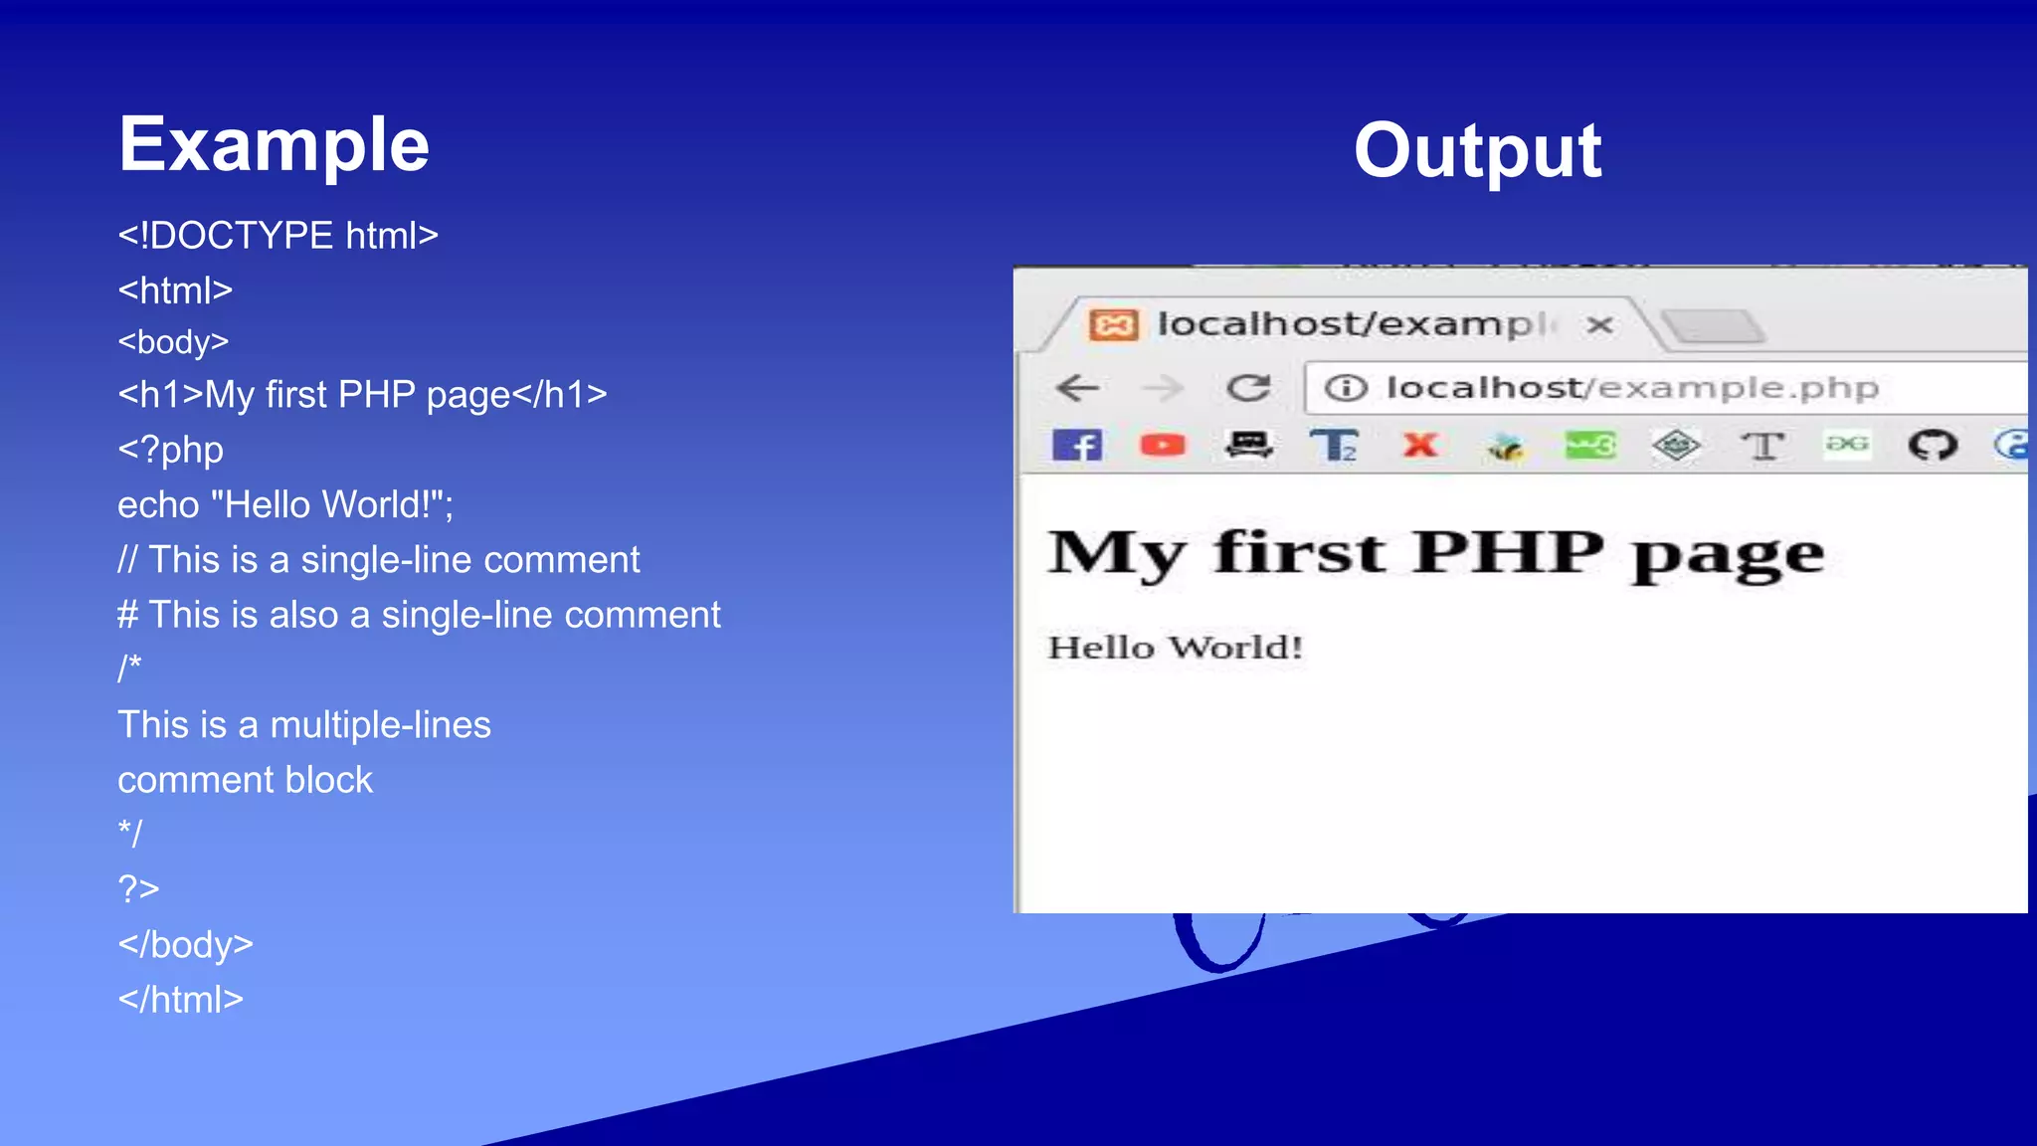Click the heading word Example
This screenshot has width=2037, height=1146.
tap(274, 145)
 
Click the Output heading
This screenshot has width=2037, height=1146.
tap(1477, 151)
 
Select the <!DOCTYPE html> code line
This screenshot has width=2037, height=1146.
tap(278, 236)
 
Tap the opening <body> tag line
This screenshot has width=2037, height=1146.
tap(173, 342)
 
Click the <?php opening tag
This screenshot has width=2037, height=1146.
tap(170, 450)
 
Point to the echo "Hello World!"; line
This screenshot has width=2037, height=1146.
tap(285, 504)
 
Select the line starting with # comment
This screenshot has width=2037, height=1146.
tap(419, 615)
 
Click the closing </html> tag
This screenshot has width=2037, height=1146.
tap(180, 999)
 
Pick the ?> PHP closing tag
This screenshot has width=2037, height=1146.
tap(138, 887)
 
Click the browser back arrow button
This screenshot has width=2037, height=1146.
tap(1077, 387)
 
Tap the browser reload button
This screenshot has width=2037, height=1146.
tap(1248, 387)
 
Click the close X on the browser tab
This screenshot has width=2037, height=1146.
tap(1599, 324)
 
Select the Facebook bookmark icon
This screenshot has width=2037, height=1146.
tap(1077, 445)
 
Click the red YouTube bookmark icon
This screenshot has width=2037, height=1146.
tap(1162, 445)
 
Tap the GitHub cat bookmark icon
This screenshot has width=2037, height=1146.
tap(1932, 445)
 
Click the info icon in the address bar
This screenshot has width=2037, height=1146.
tap(1346, 387)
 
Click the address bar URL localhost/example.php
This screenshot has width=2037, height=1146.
tap(1631, 387)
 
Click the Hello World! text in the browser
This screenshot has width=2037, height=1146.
tap(1175, 648)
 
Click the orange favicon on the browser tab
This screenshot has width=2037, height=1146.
tap(1112, 324)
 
